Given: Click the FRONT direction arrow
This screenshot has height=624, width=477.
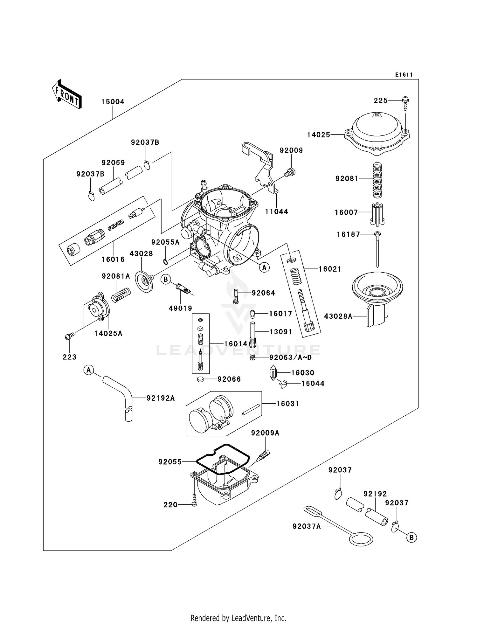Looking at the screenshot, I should pyautogui.click(x=67, y=94).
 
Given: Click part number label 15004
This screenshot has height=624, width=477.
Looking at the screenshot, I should pyautogui.click(x=113, y=102).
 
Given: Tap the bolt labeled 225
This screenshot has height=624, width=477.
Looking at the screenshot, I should pyautogui.click(x=405, y=102).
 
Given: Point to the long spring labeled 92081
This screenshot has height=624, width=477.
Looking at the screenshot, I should pyautogui.click(x=377, y=180).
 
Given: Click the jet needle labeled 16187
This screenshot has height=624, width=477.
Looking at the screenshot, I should pyautogui.click(x=377, y=250).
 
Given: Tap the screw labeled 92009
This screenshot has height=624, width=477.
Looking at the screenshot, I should pyautogui.click(x=290, y=173).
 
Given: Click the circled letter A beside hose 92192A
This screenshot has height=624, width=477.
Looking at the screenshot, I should pyautogui.click(x=89, y=370).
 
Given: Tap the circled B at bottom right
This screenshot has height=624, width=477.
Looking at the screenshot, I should pyautogui.click(x=411, y=537).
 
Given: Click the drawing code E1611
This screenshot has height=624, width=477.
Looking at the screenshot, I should pyautogui.click(x=404, y=75).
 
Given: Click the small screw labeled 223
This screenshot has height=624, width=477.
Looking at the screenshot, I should pyautogui.click(x=69, y=336).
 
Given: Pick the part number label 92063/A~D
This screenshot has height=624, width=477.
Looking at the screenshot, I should pyautogui.click(x=290, y=357).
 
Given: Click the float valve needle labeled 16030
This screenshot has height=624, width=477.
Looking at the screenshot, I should pyautogui.click(x=273, y=373).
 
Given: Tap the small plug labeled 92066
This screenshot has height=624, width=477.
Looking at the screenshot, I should pyautogui.click(x=200, y=379).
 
